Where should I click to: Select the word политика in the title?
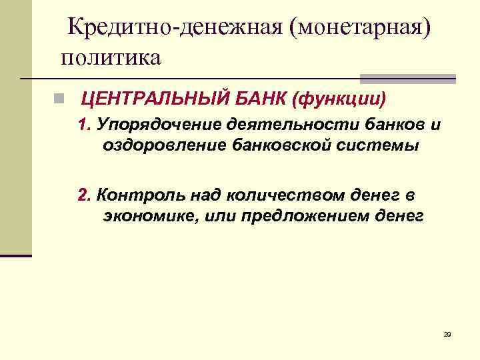coord(111,57)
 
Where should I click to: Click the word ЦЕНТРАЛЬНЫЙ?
coord(156,100)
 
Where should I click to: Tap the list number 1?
coord(83,125)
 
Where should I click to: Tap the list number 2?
coord(83,195)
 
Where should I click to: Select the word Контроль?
coord(140,195)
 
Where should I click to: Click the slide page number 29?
coord(447,333)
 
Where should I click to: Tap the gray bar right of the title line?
coord(408,78)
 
